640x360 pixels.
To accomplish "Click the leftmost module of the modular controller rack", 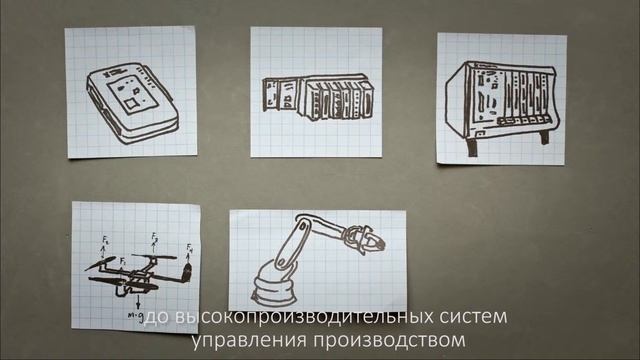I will coord(273,94).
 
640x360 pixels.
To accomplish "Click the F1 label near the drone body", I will coord(122,260).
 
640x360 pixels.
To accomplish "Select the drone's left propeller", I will coord(100,266).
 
